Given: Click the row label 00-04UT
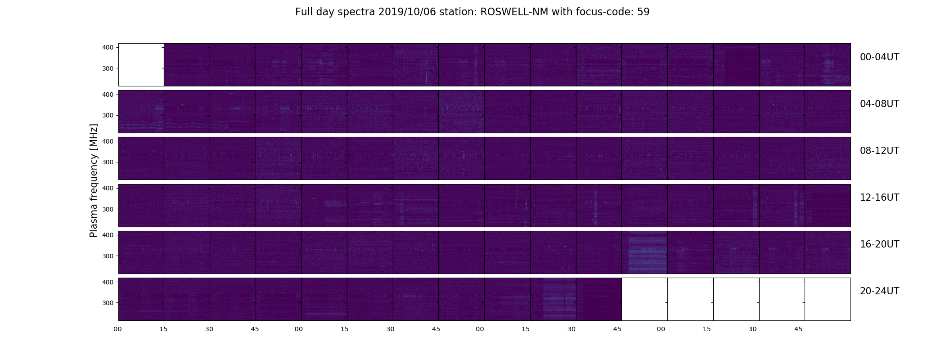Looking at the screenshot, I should click(x=879, y=57).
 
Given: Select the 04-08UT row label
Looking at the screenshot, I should click(x=879, y=104).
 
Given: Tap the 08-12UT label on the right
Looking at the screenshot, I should click(x=879, y=151).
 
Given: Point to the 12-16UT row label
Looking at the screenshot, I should click(x=879, y=198).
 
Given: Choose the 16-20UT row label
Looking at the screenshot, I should click(x=879, y=244).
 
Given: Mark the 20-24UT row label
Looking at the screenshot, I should click(x=879, y=291).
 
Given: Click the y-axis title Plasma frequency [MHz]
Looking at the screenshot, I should click(x=94, y=180).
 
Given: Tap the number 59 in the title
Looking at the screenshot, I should click(x=643, y=12).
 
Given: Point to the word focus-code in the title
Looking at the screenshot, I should click(x=604, y=12).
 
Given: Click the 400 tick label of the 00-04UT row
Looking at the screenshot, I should click(x=108, y=47).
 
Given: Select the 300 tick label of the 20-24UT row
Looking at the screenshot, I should click(x=108, y=303).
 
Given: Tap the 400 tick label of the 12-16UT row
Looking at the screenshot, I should click(x=108, y=188).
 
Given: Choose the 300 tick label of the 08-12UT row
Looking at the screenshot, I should click(x=108, y=162).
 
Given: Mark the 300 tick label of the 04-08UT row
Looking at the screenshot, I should click(x=108, y=115).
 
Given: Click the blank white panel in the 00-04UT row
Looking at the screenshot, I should click(x=141, y=64).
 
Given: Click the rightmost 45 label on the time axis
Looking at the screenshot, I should click(x=798, y=329).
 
